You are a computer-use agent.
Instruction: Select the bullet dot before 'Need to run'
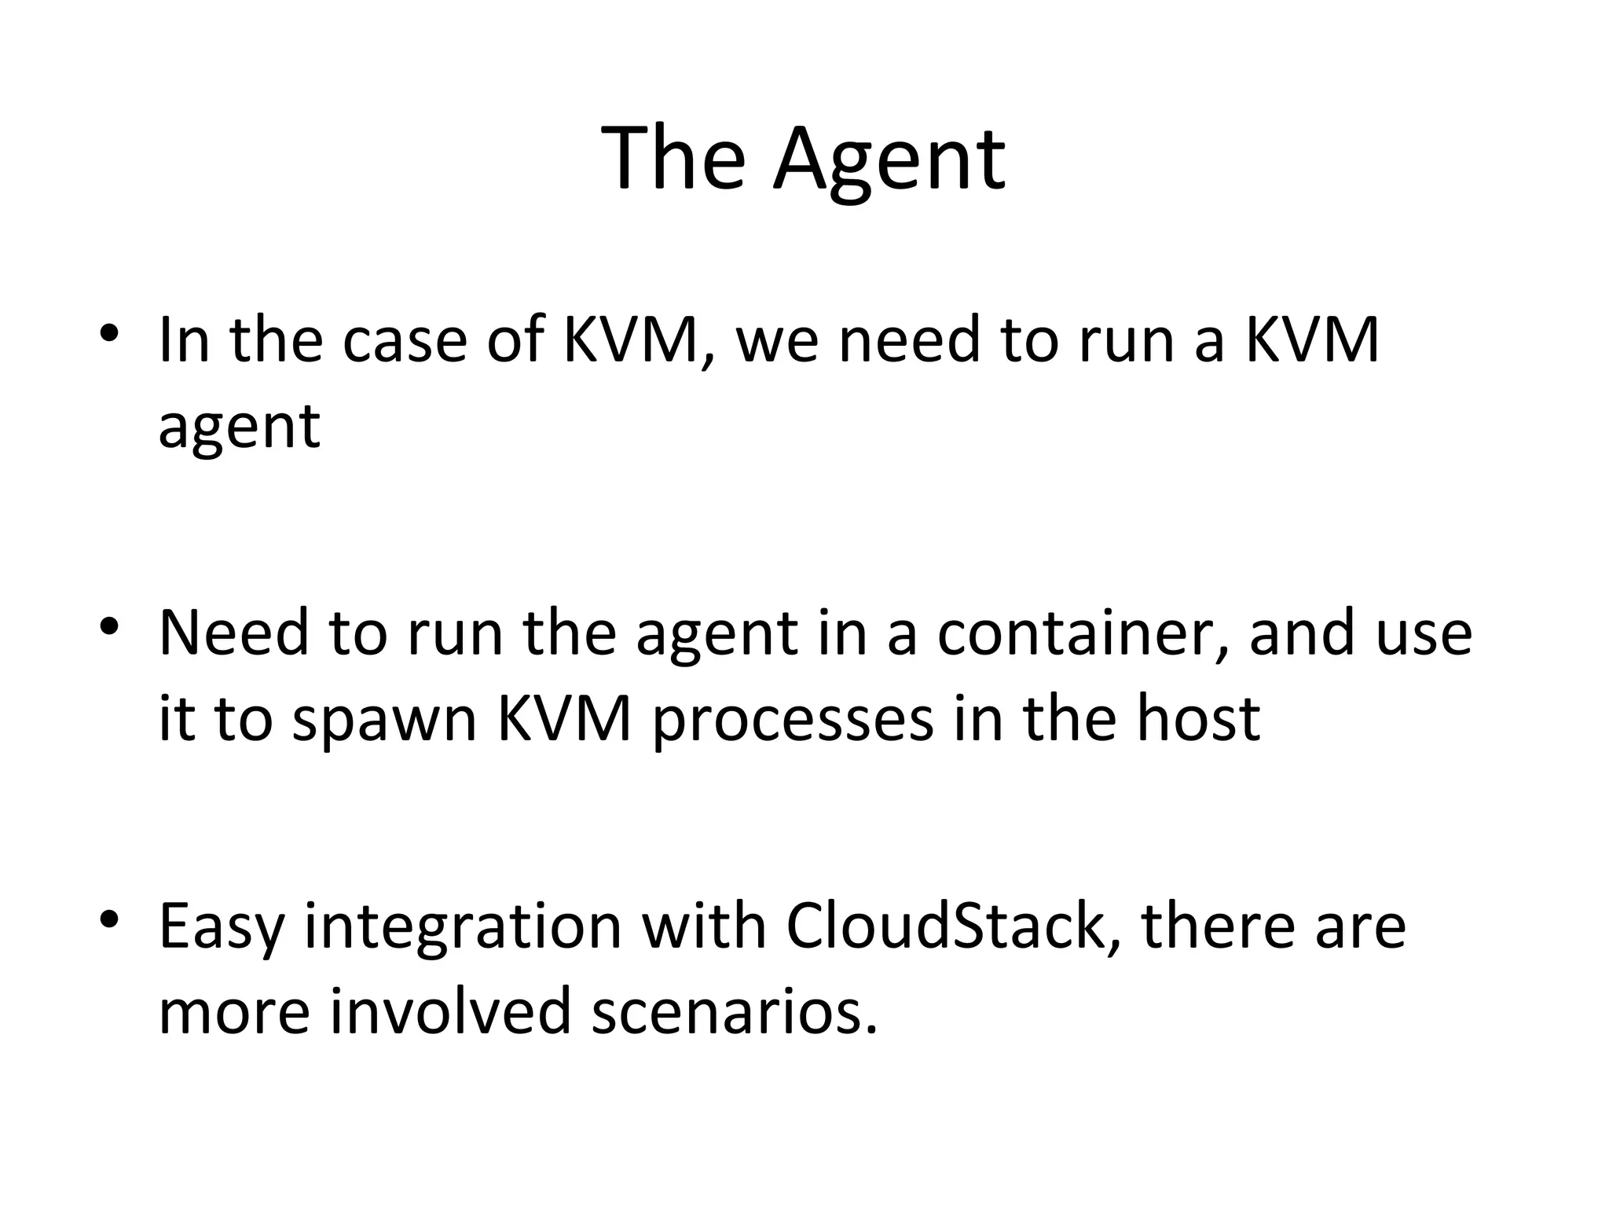pos(109,626)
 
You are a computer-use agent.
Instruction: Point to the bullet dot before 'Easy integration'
pos(109,918)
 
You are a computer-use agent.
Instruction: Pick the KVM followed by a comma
pos(633,339)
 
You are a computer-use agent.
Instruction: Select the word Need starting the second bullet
pos(233,633)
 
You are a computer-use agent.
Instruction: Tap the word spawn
pos(384,719)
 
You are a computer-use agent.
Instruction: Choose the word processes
pos(792,719)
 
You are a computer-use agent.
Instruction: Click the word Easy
pos(221,926)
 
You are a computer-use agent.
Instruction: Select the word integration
pos(464,926)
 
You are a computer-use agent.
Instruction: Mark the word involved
pos(449,1011)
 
